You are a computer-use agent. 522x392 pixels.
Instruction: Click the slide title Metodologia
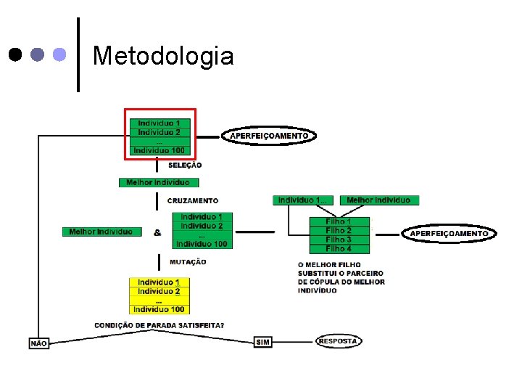(x=163, y=55)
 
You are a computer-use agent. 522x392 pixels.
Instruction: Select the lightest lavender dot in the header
(x=60, y=54)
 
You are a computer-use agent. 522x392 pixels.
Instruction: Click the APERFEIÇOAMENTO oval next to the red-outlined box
(x=269, y=136)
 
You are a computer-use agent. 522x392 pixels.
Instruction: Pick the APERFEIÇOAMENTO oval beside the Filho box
(x=449, y=233)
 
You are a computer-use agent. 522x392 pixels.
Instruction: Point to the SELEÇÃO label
(x=185, y=166)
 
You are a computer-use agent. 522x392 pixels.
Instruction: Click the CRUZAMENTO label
(x=192, y=200)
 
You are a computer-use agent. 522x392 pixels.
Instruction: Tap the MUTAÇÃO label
(x=188, y=261)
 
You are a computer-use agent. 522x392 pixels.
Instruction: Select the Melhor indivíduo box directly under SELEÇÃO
(x=158, y=182)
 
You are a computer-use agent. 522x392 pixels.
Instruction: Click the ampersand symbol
(x=157, y=233)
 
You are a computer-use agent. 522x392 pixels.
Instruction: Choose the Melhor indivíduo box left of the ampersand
(x=101, y=232)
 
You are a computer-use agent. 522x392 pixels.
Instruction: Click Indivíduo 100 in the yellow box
(x=159, y=309)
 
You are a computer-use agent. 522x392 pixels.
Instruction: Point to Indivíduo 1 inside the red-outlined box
(x=160, y=123)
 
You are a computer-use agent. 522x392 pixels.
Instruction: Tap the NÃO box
(x=39, y=343)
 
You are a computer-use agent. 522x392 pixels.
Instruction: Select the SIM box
(x=263, y=342)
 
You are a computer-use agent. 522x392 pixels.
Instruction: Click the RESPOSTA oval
(x=339, y=340)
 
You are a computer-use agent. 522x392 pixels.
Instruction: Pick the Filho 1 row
(x=339, y=221)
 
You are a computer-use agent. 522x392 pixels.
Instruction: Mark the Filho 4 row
(x=339, y=248)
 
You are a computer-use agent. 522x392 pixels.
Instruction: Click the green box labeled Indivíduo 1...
(x=303, y=200)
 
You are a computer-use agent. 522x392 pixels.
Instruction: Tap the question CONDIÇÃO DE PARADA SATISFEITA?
(x=159, y=325)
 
